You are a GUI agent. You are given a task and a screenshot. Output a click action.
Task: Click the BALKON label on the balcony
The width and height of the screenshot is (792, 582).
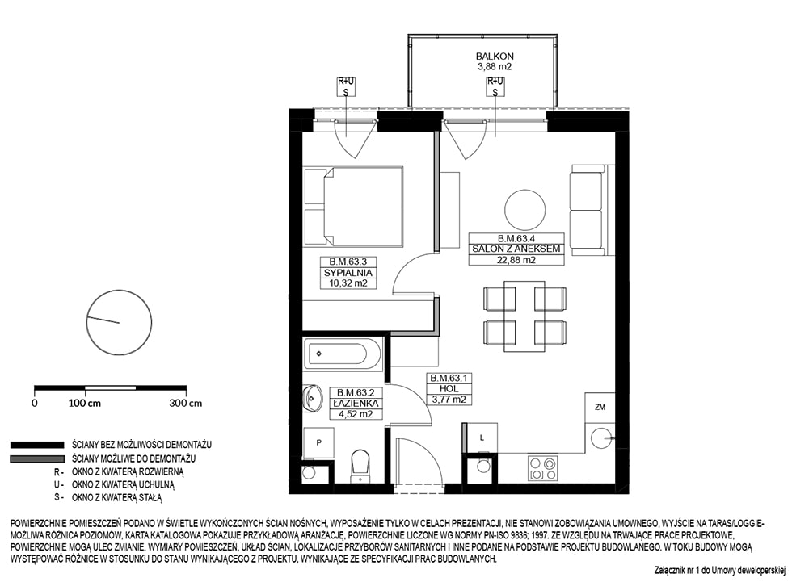click(495, 57)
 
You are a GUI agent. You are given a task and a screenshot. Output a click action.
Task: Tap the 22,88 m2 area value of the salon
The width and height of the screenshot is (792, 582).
click(516, 260)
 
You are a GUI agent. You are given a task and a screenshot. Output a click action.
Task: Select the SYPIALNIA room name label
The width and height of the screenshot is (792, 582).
click(348, 273)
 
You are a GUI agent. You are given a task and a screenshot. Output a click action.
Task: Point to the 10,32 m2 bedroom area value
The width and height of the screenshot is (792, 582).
click(348, 283)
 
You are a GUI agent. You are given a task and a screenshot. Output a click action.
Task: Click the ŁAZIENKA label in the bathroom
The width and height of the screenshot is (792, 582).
click(356, 404)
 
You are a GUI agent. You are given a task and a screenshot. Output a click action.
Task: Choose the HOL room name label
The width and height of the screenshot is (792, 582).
click(449, 389)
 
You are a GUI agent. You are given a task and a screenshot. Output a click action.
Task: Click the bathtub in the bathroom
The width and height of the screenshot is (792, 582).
click(343, 354)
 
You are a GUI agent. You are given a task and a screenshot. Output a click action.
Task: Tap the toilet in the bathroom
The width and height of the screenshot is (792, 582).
click(360, 467)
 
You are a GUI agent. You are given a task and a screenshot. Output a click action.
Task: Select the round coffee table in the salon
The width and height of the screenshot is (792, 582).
click(525, 210)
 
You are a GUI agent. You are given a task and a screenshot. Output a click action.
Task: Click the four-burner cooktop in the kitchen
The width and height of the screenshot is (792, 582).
click(543, 468)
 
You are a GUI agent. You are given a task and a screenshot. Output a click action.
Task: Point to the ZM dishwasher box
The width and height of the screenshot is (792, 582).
click(600, 408)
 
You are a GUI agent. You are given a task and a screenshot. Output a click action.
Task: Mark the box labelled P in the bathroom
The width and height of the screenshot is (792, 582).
click(318, 443)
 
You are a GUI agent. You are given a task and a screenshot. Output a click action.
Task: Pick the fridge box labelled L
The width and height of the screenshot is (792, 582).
click(482, 438)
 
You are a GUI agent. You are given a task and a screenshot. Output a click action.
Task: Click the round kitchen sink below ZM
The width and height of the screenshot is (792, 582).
click(601, 438)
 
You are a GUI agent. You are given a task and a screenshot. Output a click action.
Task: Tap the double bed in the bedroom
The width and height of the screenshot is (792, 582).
click(353, 207)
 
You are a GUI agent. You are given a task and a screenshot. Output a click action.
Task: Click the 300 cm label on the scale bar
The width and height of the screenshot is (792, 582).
click(186, 404)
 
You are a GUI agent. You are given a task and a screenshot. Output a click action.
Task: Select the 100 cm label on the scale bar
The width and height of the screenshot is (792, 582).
click(85, 404)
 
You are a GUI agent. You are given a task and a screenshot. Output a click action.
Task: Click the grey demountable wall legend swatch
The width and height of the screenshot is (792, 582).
click(37, 459)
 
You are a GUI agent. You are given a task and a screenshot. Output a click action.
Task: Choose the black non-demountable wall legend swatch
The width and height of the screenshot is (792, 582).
click(37, 445)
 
